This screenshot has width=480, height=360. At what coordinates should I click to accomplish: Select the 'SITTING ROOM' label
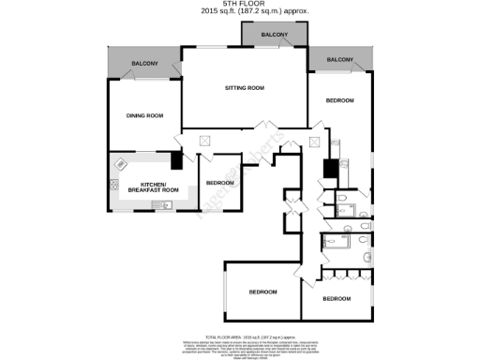(244, 88)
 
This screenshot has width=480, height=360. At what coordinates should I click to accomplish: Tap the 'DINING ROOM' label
(145, 115)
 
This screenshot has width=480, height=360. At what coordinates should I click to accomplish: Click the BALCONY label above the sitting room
(275, 35)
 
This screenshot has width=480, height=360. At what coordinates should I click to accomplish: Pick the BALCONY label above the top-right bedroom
(339, 60)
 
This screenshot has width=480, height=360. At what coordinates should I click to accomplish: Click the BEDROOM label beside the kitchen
(219, 182)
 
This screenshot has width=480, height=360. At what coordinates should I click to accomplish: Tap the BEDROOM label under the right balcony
(339, 100)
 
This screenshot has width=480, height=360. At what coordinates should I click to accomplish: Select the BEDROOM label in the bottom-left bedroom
(262, 292)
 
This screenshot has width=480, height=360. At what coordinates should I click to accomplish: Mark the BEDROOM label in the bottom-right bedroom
(336, 298)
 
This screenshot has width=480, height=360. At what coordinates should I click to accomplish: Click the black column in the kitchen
(176, 160)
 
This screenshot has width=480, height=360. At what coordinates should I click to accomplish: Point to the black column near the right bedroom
(329, 171)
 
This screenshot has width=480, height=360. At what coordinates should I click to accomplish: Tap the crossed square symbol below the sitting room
(205, 141)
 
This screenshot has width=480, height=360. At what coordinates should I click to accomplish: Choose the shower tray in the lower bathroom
(334, 242)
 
